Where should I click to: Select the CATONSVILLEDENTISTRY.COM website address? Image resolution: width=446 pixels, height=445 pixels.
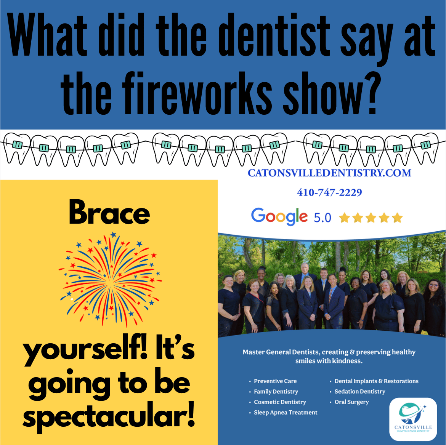[x=329, y=173]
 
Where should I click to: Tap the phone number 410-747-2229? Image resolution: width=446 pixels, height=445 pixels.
[x=329, y=192]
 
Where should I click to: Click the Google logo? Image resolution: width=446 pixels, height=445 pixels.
[x=279, y=217]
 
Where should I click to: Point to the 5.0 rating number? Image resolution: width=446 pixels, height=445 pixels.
[x=322, y=218]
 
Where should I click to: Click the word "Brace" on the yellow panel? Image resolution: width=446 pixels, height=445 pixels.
[x=109, y=212]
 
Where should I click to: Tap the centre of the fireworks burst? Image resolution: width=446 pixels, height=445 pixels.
[x=111, y=280]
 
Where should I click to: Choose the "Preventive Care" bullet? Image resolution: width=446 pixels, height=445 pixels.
[x=275, y=381]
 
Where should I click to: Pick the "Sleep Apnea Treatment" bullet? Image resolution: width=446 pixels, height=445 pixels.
[x=286, y=413]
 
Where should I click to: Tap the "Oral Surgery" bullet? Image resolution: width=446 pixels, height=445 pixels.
[x=351, y=402]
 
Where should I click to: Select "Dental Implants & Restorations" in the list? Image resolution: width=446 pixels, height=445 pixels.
[x=376, y=381]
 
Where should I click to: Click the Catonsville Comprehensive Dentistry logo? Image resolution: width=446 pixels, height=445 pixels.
[x=413, y=419]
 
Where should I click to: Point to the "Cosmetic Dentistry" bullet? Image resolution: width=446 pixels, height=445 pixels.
[x=280, y=402]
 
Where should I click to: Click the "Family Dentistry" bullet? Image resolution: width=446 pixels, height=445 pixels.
[x=276, y=392]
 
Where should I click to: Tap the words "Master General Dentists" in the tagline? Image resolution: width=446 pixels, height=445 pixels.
[x=281, y=352]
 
